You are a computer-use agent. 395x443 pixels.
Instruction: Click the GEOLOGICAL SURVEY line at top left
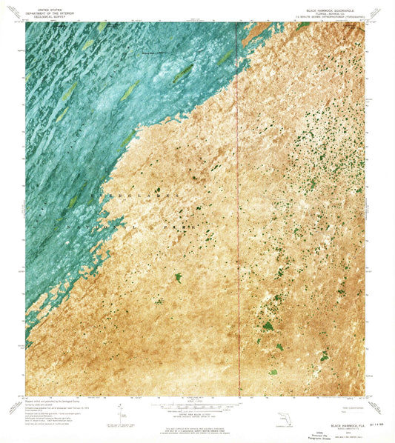click(x=44, y=16)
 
